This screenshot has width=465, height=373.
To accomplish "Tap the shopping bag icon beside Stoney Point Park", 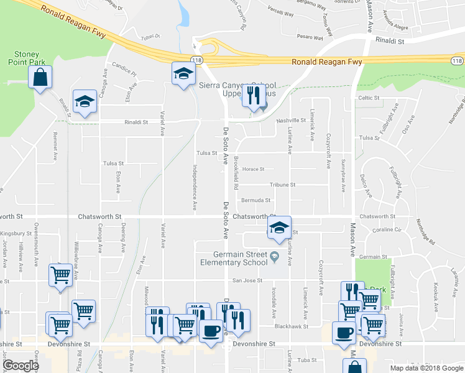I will point(40,77).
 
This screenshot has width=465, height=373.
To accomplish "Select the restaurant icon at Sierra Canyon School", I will point(253,94).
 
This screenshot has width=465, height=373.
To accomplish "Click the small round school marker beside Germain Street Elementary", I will point(274,256).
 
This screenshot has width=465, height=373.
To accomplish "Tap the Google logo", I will point(21,366).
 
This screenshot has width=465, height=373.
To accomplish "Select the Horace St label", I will point(254,168).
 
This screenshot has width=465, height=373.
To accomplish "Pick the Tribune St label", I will point(282,185).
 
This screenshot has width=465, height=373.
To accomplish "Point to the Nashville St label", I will point(292,120).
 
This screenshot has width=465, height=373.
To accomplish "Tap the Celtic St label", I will point(369,98).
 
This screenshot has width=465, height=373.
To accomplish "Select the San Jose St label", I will point(246,280).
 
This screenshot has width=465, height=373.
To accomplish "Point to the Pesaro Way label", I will point(310,37).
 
